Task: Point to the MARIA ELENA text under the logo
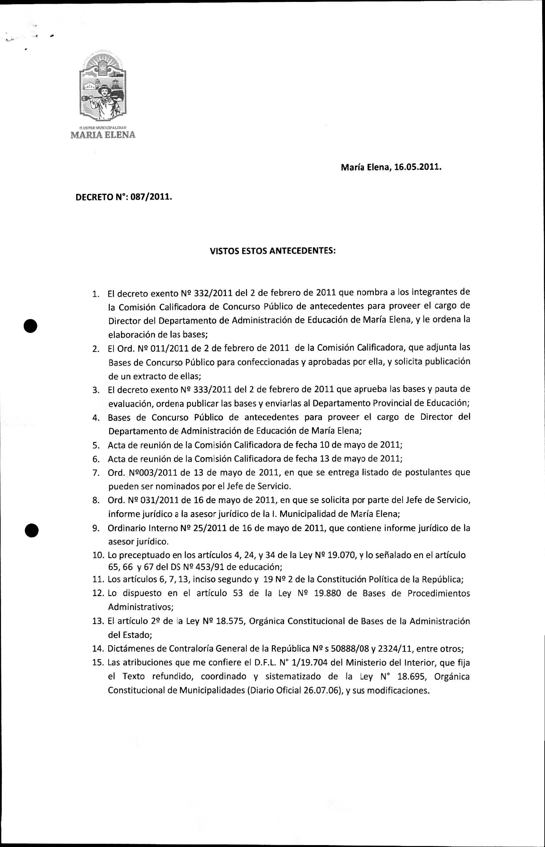103,135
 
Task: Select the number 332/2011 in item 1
213,293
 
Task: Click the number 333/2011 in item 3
213,390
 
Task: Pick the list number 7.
96,473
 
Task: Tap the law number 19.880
328,593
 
